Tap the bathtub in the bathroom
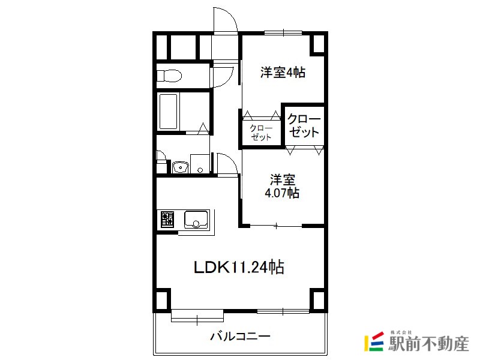[x=168, y=112]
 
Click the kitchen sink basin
[x=196, y=219]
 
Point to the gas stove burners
[x=167, y=219]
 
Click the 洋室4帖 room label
[x=283, y=73]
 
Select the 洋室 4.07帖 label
[x=282, y=187]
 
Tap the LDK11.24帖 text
[x=239, y=267]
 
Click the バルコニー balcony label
[x=241, y=337]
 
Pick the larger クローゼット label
[x=304, y=125]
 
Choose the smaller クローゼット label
[x=261, y=133]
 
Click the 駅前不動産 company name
[x=428, y=344]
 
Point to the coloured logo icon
[x=374, y=341]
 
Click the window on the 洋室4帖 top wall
[x=283, y=32]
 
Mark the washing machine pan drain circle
[x=200, y=170]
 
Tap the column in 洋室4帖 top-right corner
[x=319, y=44]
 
